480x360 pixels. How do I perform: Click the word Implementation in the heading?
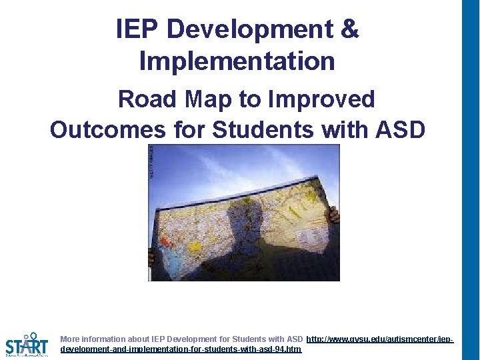click(x=237, y=61)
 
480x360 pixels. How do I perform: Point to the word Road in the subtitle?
click(x=147, y=99)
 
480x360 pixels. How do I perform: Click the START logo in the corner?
click(x=27, y=345)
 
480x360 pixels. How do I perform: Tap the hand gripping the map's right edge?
click(x=333, y=215)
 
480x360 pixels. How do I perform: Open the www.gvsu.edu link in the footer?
click(x=379, y=339)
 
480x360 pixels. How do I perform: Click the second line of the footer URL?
click(x=180, y=349)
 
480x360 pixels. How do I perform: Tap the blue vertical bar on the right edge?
click(x=471, y=180)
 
